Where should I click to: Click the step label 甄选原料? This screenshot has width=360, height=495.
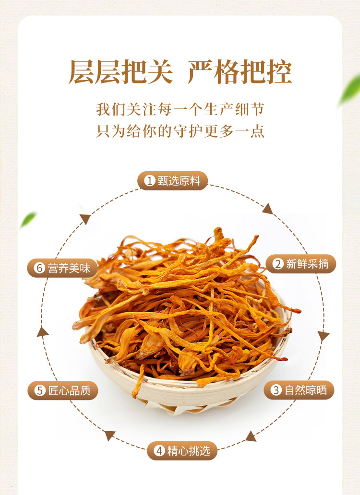179,181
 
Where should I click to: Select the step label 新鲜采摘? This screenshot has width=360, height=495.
307,264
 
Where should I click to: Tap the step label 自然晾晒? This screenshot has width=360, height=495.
306,390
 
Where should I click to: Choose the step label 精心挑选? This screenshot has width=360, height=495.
189,450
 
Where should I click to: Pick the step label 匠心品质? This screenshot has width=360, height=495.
70,390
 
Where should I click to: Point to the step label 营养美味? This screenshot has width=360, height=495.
69,268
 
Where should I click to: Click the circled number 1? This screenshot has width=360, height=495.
149,181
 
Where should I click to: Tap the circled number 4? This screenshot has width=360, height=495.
159,450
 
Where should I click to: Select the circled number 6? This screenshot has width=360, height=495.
40,268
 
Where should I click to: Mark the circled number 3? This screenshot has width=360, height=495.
276,390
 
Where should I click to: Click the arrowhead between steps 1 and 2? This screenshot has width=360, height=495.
268,209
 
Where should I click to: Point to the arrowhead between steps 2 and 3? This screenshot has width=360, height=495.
323,336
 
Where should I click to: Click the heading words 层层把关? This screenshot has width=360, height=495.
121,71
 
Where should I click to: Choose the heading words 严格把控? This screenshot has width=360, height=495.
240,71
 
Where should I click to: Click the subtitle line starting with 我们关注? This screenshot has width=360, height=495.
180,109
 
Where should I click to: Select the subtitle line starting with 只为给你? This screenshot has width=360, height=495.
180,130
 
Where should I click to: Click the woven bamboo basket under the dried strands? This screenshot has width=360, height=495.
186,391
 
